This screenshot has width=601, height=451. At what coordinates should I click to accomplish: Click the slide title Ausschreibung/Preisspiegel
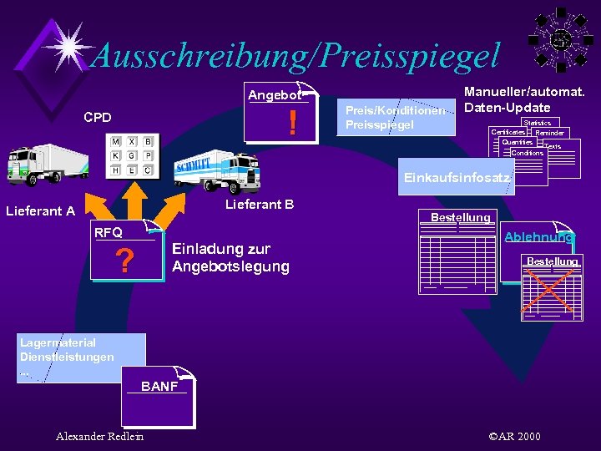[x=295, y=55]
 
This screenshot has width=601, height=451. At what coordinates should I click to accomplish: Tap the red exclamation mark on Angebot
[x=292, y=124]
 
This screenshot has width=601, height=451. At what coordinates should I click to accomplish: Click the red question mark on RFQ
[x=125, y=262]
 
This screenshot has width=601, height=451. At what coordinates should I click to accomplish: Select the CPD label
[x=98, y=118]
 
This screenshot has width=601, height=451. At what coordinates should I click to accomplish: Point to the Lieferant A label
[x=40, y=211]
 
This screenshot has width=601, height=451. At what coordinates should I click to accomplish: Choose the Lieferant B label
[x=260, y=205]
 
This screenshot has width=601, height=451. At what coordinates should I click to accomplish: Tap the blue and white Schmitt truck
[x=215, y=171]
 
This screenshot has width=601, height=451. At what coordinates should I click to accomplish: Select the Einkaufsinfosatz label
[x=457, y=178]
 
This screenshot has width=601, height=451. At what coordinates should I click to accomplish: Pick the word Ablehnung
[x=538, y=237]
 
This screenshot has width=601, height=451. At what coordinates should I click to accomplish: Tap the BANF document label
[x=159, y=386]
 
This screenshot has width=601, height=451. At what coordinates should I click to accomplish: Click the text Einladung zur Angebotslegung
[x=230, y=258]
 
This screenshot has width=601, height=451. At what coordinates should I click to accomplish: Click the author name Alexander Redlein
[x=99, y=436]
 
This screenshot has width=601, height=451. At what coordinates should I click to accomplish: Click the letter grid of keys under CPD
[x=131, y=156]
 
